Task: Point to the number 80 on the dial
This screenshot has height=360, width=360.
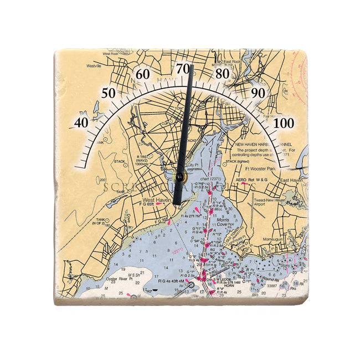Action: (x=223, y=74)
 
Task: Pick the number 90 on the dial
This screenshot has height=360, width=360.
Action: (x=258, y=93)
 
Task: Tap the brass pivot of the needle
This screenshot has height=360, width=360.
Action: (x=179, y=177)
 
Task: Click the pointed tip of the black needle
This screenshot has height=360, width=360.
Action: (x=191, y=66)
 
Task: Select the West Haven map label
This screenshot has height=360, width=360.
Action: (x=156, y=200)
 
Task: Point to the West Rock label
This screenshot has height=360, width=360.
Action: (x=110, y=54)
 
